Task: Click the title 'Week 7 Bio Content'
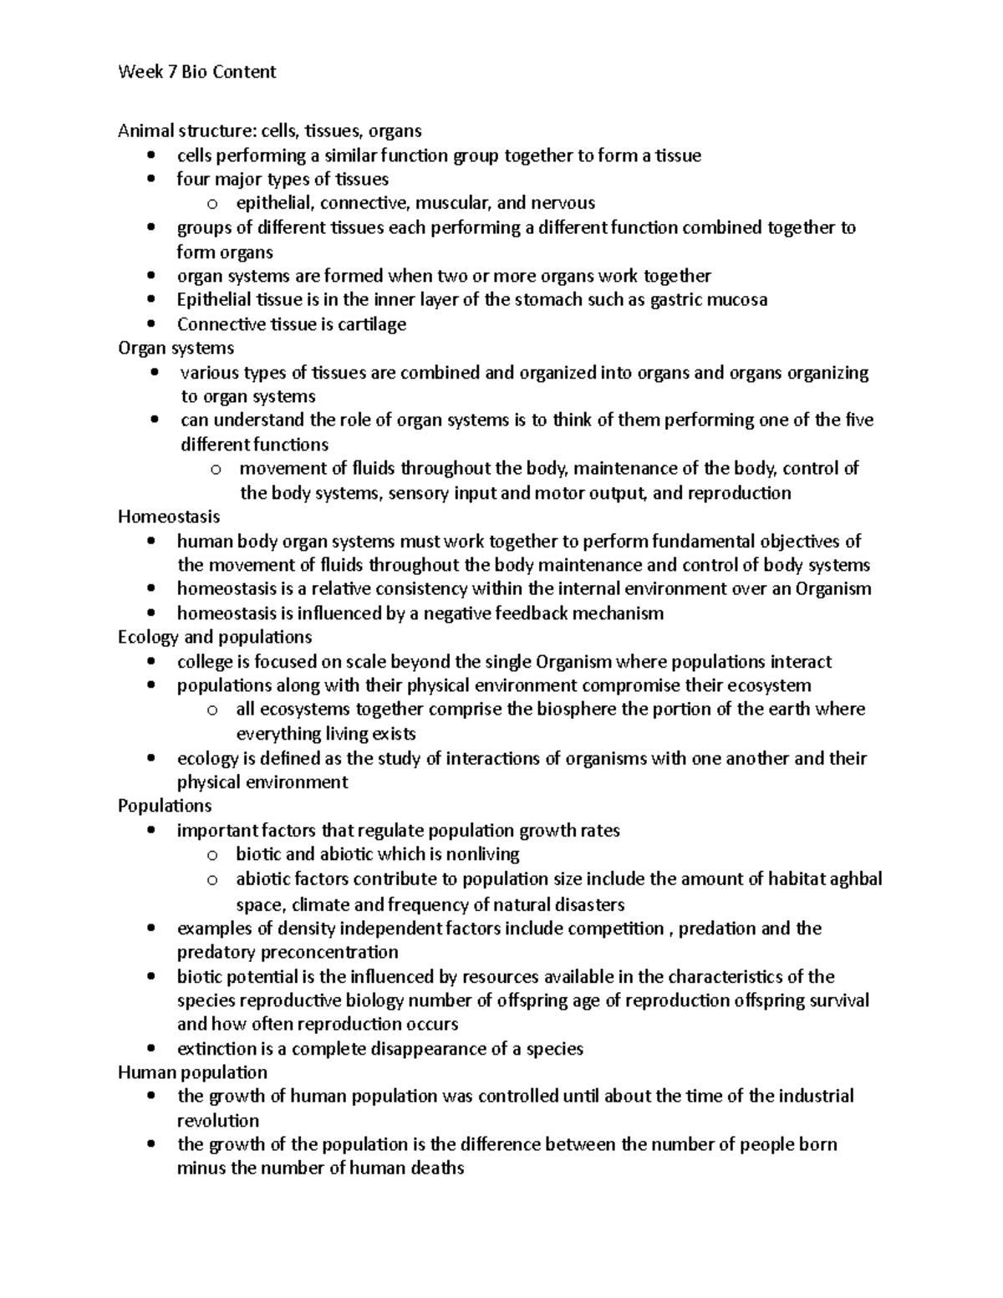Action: click(x=196, y=72)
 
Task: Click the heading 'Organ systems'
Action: click(x=176, y=348)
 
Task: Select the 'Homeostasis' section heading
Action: click(x=169, y=517)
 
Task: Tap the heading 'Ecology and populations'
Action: click(x=215, y=637)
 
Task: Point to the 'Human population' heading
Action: click(x=192, y=1072)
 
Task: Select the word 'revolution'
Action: click(x=218, y=1121)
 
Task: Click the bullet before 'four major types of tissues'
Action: click(x=150, y=179)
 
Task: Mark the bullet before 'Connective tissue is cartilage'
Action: click(x=150, y=324)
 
